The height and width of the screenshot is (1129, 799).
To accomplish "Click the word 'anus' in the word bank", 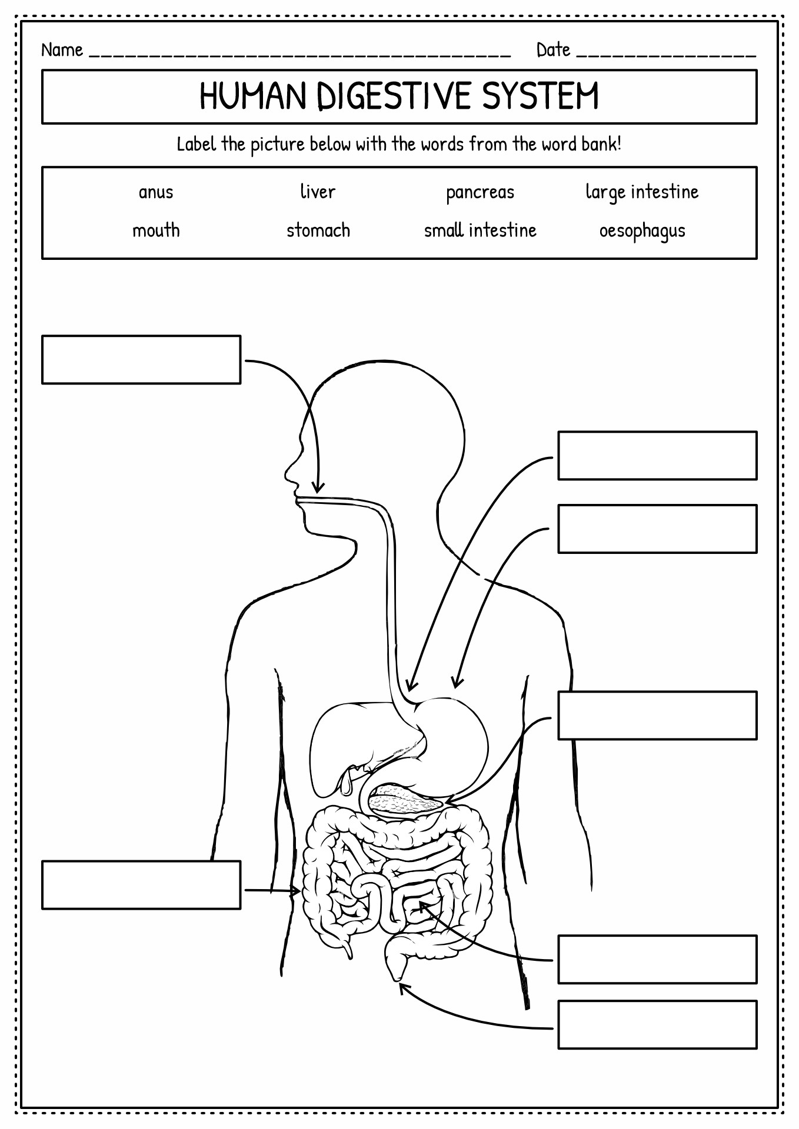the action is coord(156,193).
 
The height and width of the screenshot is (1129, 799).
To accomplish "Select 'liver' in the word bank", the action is coord(318,191).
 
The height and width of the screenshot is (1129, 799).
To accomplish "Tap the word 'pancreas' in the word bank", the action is coord(480,193).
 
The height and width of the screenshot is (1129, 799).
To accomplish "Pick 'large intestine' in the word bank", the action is coord(642,192).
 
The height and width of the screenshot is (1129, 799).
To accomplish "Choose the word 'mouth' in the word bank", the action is coord(156,230).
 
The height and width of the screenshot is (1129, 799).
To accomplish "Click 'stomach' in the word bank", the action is coord(318,230).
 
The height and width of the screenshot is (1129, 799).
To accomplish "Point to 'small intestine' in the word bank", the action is coord(480,229).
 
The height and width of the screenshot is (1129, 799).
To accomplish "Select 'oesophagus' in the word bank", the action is coord(642,231).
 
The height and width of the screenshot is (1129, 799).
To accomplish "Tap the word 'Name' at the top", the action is coord(62,50).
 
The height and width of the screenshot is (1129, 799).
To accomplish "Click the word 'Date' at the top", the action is coord(553,50).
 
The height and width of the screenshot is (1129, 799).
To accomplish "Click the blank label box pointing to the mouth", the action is coord(141,359).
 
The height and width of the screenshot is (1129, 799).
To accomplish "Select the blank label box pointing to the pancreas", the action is coord(657,715).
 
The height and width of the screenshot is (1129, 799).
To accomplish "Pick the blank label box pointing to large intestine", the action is coord(141,884).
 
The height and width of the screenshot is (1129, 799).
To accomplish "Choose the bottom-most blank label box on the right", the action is coord(657,1024).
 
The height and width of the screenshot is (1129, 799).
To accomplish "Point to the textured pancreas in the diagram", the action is coord(405,800).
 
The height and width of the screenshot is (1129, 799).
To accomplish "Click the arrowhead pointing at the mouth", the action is coord(318,487).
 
